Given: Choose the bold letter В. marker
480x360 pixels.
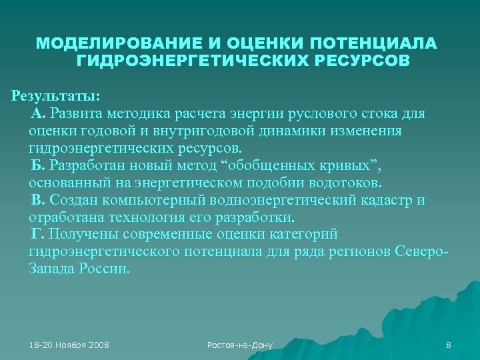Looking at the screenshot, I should pyautogui.click(x=38, y=201).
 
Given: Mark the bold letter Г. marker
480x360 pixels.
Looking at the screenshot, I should pyautogui.click(x=38, y=235).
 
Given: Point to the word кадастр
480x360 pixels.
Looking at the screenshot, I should pyautogui.click(x=388, y=201).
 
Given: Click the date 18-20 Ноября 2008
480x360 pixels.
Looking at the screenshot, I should pyautogui.click(x=69, y=345).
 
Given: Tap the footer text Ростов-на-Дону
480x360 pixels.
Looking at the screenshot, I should pyautogui.click(x=240, y=345).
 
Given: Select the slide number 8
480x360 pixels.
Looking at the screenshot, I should pyautogui.click(x=449, y=345).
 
